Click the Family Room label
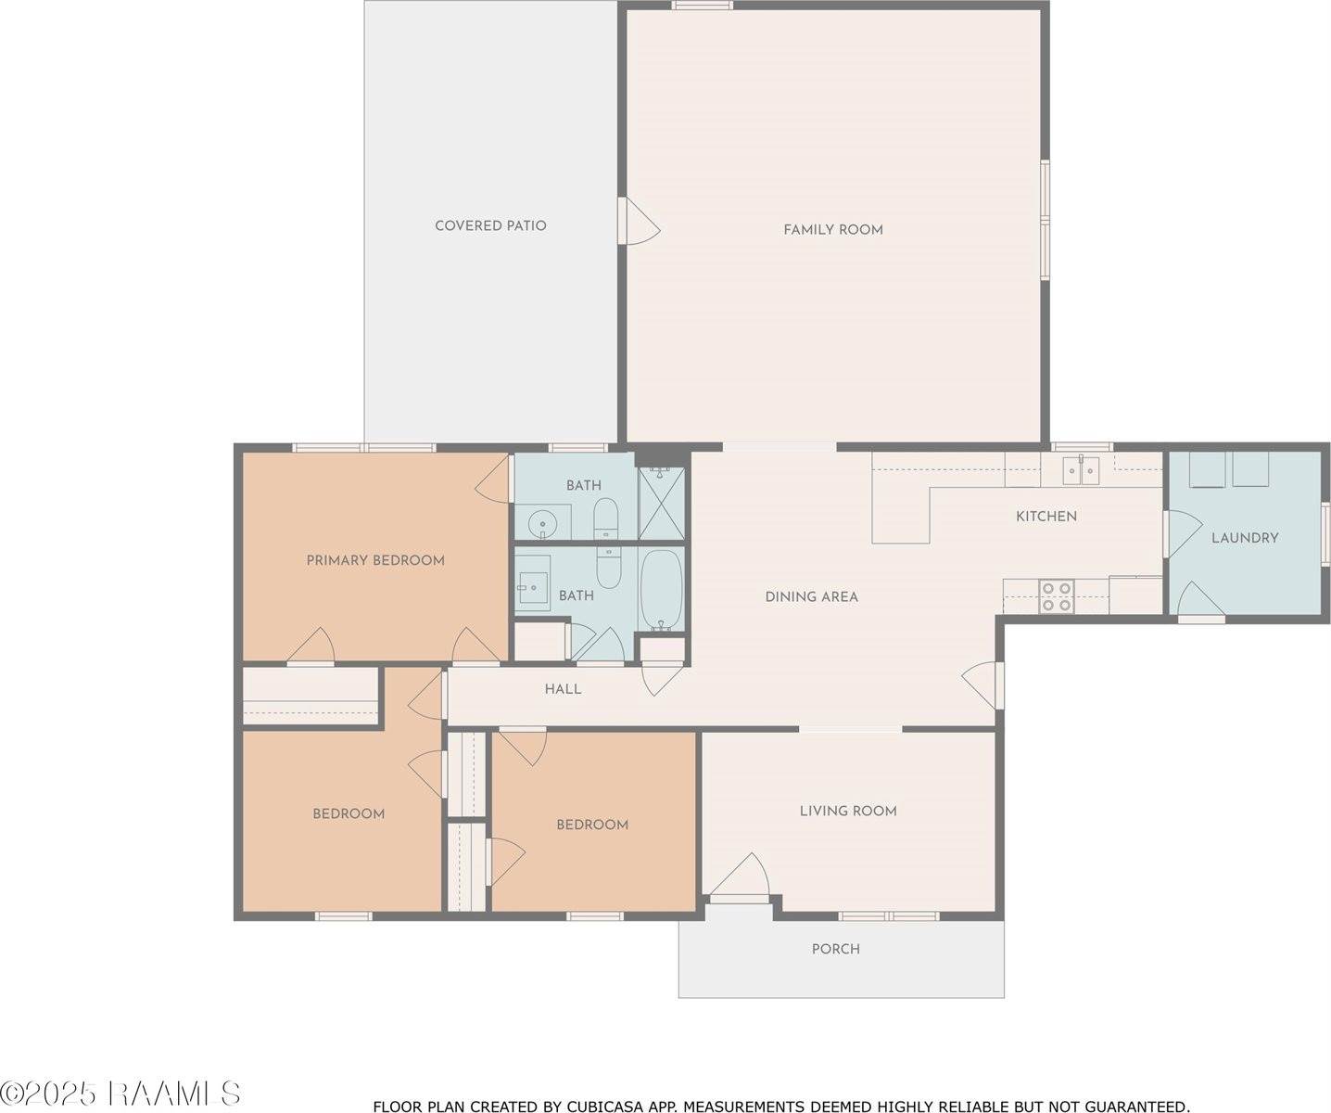tap(833, 230)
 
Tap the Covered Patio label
tap(490, 225)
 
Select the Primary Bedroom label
tap(375, 560)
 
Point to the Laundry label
tap(1245, 538)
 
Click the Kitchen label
tap(1046, 516)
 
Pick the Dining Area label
tap(811, 597)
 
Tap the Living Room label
tap(848, 811)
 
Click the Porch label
tap(836, 949)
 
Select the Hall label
tap(563, 689)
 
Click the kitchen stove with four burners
tap(1057, 596)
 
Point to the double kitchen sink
tap(1081, 471)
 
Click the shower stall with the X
tap(662, 503)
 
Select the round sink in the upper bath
tap(542, 525)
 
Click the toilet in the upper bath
tap(605, 518)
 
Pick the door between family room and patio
tap(639, 221)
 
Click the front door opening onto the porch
tap(740, 877)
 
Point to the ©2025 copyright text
tap(48, 1094)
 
